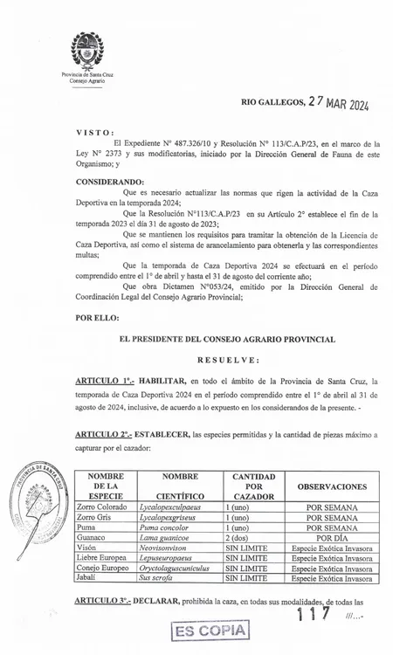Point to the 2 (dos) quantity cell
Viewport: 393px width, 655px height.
click(x=237, y=540)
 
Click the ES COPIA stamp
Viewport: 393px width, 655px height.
click(x=210, y=631)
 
